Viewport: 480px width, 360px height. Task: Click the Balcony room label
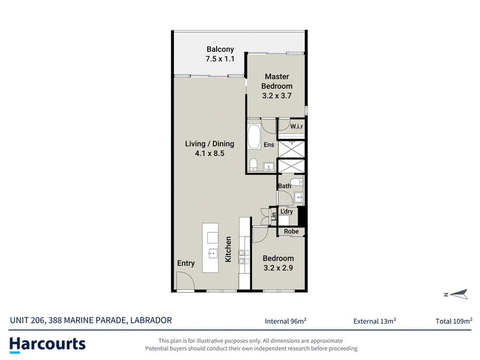coord(220,49)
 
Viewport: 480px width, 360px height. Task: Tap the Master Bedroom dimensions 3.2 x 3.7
coord(277,96)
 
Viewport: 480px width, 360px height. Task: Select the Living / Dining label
coord(209,144)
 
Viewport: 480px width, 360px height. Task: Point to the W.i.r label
coord(296,126)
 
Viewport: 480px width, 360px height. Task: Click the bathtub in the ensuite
coord(254,137)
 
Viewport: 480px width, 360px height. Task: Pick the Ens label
coord(269,145)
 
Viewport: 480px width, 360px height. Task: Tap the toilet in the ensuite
coord(253,164)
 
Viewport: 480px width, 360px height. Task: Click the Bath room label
coord(284,186)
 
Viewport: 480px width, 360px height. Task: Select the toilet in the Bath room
coord(296,182)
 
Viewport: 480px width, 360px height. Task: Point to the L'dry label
coord(287,211)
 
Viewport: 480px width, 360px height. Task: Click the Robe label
coord(291,232)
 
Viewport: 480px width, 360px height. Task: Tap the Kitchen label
coord(228,249)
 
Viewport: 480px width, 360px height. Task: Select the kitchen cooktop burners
coord(244,257)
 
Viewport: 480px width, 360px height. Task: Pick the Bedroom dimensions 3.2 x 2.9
coord(278,268)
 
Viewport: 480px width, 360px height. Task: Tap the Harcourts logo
coord(47,344)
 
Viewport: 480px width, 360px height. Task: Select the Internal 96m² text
coord(286,321)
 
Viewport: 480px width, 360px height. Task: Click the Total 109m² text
coord(454,321)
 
